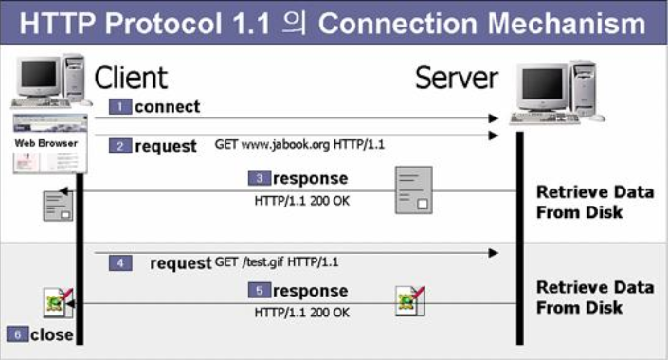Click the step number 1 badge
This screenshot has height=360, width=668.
click(119, 106)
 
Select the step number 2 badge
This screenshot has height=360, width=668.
click(119, 146)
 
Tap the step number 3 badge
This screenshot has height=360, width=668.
click(260, 178)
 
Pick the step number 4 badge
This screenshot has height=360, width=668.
click(119, 262)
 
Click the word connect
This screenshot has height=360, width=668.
click(168, 106)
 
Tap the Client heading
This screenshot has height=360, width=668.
click(131, 77)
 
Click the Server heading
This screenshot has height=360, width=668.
click(457, 78)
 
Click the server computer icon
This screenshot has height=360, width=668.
click(557, 92)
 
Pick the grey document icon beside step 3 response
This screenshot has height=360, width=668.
click(414, 189)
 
